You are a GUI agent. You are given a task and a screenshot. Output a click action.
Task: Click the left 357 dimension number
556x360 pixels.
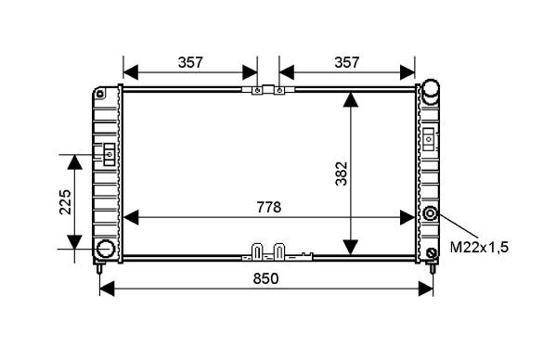click(x=190, y=62)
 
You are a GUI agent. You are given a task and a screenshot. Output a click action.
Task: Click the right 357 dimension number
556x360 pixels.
click(x=347, y=62)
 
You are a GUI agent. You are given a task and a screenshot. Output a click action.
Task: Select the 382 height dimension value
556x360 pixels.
click(x=342, y=174)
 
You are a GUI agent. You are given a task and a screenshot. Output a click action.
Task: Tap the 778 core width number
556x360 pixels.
click(x=269, y=207)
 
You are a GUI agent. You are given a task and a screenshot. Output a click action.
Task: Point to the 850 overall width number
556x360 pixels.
click(x=265, y=279)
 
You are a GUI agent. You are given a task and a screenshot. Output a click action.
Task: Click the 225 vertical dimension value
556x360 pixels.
click(x=65, y=202)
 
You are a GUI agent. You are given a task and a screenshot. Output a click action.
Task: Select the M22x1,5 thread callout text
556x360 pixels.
click(x=479, y=248)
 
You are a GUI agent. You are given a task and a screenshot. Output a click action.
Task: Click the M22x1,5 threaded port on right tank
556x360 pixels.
click(x=431, y=213)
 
